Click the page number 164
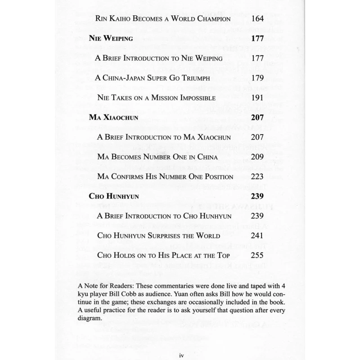[x=257, y=19]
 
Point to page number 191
[x=257, y=98]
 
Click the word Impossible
[x=196, y=98]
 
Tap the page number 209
[x=257, y=157]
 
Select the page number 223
[x=257, y=176]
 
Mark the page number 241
[x=257, y=235]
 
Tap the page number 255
[x=257, y=255]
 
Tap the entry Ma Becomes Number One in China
[x=157, y=157]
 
